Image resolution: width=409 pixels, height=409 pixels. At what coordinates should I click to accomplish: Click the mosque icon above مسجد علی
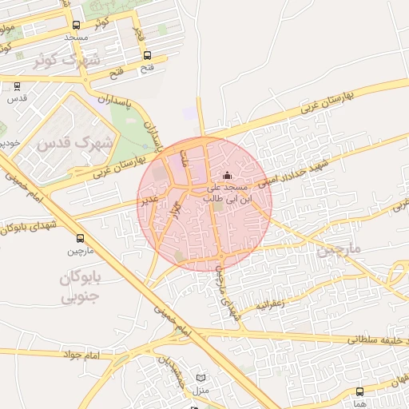[227, 175]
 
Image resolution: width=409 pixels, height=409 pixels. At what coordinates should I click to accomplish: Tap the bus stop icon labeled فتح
[147, 55]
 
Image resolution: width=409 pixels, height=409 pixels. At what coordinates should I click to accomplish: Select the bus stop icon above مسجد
[76, 26]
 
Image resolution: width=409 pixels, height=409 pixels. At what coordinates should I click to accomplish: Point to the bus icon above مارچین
[80, 238]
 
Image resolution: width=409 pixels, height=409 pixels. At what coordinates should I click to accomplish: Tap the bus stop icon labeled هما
[359, 391]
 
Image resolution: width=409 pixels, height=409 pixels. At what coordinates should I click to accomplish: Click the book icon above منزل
[201, 378]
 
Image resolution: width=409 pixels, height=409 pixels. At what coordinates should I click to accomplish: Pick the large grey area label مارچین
[339, 249]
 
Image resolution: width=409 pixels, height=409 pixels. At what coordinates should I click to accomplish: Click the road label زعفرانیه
[268, 304]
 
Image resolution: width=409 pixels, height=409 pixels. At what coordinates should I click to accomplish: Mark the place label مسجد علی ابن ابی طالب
[228, 192]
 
